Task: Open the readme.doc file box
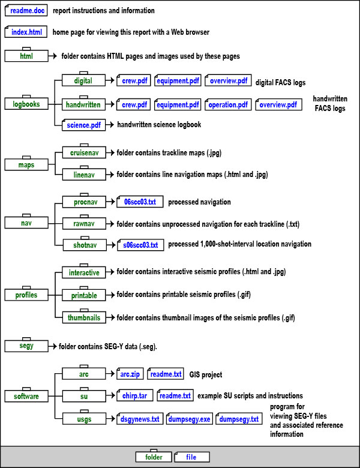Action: [26, 11]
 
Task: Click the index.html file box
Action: [26, 32]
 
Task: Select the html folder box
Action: [26, 56]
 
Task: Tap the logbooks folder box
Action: [26, 104]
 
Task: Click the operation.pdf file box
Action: [228, 104]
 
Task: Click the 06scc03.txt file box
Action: [139, 202]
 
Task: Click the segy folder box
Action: [26, 346]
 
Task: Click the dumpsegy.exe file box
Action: [188, 419]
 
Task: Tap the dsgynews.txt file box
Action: [139, 419]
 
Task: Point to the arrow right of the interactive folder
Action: [109, 273]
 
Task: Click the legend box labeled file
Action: [191, 457]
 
